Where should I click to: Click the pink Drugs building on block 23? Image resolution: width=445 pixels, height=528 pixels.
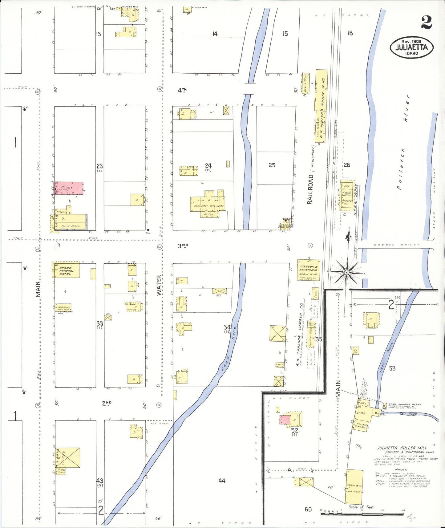pyautogui.click(x=69, y=188)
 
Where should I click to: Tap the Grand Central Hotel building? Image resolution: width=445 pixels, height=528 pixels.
pyautogui.click(x=65, y=270)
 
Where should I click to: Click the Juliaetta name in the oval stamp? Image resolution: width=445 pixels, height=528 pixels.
pyautogui.click(x=411, y=47)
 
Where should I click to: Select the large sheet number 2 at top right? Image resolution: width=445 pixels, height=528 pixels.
pyautogui.click(x=427, y=22)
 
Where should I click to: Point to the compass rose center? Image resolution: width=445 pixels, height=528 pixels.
pyautogui.click(x=347, y=273)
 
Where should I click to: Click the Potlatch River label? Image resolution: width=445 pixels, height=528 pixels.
pyautogui.click(x=403, y=142)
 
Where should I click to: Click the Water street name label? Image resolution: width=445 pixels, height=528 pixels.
pyautogui.click(x=159, y=285)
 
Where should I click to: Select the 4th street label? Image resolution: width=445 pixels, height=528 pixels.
pyautogui.click(x=182, y=90)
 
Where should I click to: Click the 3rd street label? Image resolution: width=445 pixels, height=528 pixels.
pyautogui.click(x=183, y=246)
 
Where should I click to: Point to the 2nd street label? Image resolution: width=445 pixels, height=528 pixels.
pyautogui.click(x=107, y=403)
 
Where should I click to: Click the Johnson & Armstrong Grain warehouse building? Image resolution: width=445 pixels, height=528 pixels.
pyautogui.click(x=309, y=270)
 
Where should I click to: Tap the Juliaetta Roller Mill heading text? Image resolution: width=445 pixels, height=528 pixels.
pyautogui.click(x=402, y=448)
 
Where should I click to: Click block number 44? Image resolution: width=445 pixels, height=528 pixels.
pyautogui.click(x=222, y=480)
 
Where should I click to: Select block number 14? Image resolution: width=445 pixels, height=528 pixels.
pyautogui.click(x=215, y=34)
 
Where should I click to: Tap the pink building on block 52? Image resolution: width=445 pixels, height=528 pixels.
pyautogui.click(x=285, y=420)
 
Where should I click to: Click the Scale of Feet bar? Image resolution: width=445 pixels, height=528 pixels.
pyautogui.click(x=362, y=514)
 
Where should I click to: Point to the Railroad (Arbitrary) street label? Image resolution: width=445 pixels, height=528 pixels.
pyautogui.click(x=310, y=189)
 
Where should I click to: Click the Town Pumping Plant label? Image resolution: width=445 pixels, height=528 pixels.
pyautogui.click(x=405, y=404)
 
